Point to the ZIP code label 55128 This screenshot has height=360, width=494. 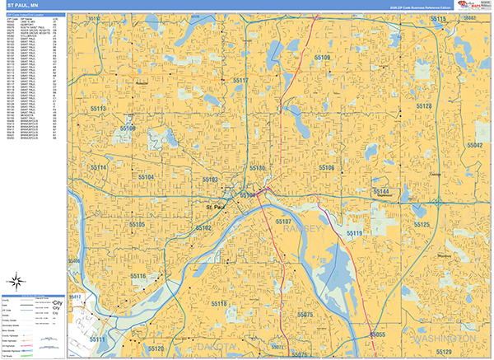click(423, 107)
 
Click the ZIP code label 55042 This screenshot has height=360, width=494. click(474, 144)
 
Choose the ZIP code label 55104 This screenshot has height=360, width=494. click(146, 177)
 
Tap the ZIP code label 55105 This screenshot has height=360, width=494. click(137, 224)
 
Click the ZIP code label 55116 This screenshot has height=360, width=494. click(137, 276)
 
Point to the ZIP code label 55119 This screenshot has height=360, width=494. click(354, 234)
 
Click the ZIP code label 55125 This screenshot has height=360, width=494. click(422, 224)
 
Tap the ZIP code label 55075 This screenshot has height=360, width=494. click(305, 316)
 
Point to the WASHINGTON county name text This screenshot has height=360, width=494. click(445, 339)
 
